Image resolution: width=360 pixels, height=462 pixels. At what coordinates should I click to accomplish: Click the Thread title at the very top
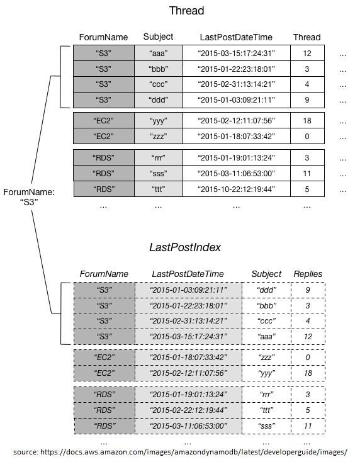click(186, 11)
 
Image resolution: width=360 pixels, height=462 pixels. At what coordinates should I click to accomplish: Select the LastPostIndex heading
click(184, 247)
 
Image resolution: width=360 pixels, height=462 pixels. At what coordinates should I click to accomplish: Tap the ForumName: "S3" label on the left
click(29, 197)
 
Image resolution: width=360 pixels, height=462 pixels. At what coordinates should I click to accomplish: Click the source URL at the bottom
click(180, 452)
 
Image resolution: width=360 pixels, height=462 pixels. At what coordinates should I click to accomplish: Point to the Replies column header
click(308, 274)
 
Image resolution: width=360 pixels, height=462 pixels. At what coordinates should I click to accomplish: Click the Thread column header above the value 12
click(307, 37)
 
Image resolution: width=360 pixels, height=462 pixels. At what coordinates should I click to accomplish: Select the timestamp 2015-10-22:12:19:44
click(236, 189)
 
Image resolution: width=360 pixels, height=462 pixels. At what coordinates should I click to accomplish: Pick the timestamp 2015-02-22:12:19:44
click(188, 410)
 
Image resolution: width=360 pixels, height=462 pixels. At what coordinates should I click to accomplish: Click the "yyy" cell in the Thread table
click(158, 121)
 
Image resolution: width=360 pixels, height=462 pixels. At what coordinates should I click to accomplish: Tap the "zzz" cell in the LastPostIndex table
click(266, 358)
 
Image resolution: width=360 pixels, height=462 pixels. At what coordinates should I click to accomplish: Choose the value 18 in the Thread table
click(307, 121)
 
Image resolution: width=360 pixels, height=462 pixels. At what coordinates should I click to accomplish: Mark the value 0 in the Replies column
click(308, 358)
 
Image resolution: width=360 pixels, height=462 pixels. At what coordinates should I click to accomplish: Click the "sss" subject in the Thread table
click(158, 174)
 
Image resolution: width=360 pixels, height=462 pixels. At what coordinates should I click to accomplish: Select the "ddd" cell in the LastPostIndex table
click(266, 290)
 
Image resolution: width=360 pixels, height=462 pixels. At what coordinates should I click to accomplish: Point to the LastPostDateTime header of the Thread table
click(236, 37)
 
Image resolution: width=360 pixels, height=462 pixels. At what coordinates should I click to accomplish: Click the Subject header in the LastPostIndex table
click(266, 274)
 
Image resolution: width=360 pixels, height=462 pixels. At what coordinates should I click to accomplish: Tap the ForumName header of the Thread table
click(103, 37)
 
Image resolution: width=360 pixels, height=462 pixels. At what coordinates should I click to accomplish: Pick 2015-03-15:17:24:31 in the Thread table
click(236, 54)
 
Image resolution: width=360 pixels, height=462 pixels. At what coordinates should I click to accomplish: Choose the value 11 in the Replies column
click(308, 425)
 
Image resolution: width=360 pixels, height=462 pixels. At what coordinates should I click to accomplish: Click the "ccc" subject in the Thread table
click(158, 84)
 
